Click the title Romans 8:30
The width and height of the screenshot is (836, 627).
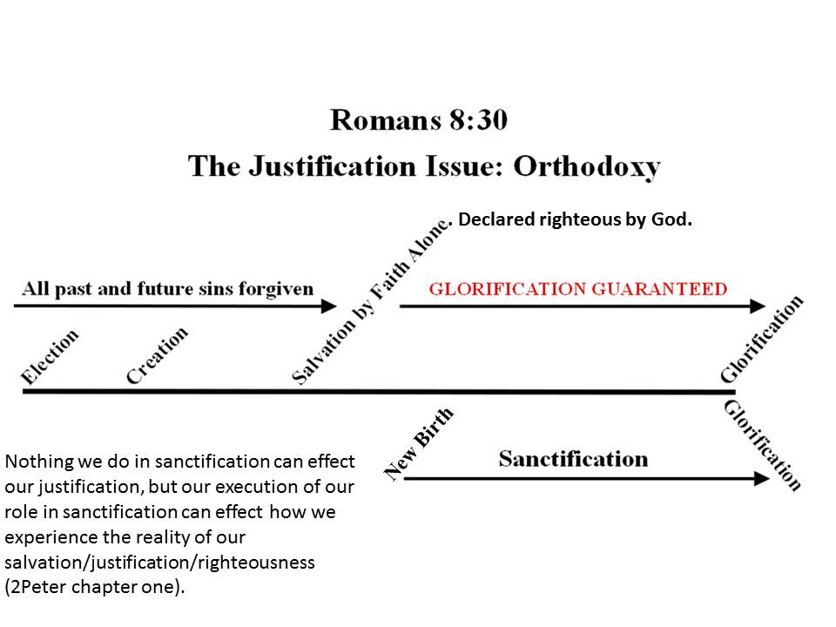click(418, 119)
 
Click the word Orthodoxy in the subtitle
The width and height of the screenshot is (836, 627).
click(586, 165)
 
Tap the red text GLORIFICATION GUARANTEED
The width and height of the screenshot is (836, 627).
click(577, 289)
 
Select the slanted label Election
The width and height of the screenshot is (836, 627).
click(51, 355)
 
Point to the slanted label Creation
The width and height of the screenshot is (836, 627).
click(157, 355)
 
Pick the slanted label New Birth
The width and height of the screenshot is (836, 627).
click(420, 443)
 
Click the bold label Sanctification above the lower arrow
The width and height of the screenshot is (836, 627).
click(573, 459)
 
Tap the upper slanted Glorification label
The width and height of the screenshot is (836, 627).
click(761, 340)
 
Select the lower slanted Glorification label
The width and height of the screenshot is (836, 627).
click(763, 445)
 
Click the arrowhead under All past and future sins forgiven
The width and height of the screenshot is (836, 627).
click(328, 306)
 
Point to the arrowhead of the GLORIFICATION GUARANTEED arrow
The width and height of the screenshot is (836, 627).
click(758, 306)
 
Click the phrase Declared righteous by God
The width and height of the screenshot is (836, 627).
click(575, 220)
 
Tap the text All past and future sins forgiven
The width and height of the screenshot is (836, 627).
click(167, 288)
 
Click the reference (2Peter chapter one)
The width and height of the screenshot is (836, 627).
click(96, 587)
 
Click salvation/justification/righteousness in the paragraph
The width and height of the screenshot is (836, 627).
click(159, 563)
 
